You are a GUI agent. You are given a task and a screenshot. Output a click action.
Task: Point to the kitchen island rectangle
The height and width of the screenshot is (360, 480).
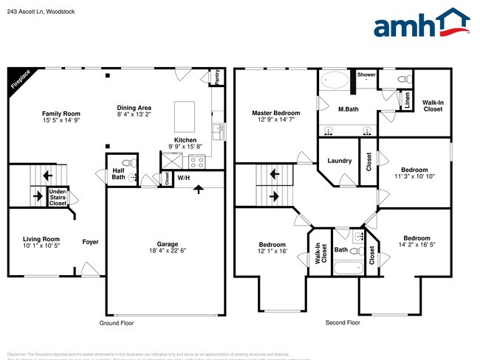coord(185,117)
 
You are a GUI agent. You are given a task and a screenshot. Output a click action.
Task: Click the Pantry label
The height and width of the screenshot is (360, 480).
coord(217,76)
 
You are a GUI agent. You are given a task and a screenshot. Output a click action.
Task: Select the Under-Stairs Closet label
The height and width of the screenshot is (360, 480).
coord(58,197)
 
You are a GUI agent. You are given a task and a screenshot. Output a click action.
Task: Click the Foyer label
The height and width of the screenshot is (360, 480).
coord(90,241)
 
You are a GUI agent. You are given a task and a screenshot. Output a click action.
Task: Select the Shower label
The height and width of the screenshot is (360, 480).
coord(367,75)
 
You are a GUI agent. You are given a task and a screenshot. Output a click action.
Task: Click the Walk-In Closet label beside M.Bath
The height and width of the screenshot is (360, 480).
coord(433,105)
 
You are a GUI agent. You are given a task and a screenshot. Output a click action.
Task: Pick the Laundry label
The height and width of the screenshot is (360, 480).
coord(339,160)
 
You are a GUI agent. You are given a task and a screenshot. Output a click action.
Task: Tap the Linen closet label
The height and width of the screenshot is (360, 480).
coord(407,100)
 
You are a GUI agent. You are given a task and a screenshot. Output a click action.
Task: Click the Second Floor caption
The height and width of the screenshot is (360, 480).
coord(343,323)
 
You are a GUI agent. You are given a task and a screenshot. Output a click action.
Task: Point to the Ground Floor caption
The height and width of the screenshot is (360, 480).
coord(117,323)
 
